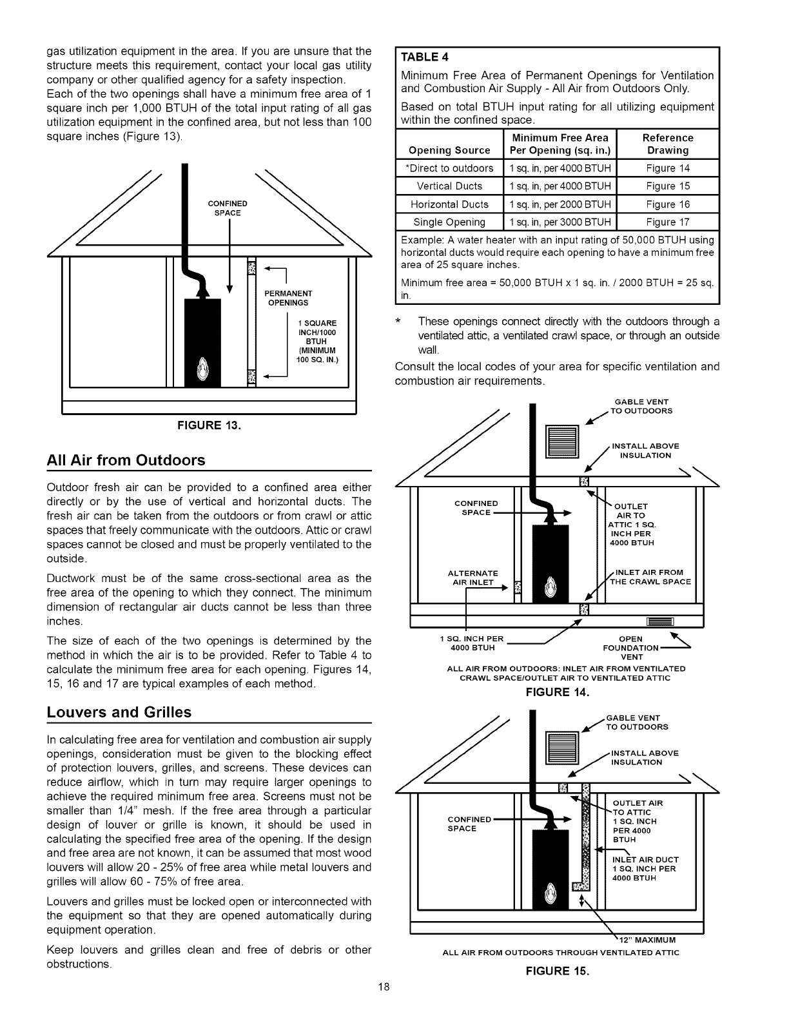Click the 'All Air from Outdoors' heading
126,460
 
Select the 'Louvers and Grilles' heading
119,712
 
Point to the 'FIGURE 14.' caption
558,693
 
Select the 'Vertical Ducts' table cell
449,186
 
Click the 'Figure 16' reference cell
667,204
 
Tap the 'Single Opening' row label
449,222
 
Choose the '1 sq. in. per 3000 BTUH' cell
560,222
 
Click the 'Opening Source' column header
449,150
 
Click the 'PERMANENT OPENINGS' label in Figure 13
287,298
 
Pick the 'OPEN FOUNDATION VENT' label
630,648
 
